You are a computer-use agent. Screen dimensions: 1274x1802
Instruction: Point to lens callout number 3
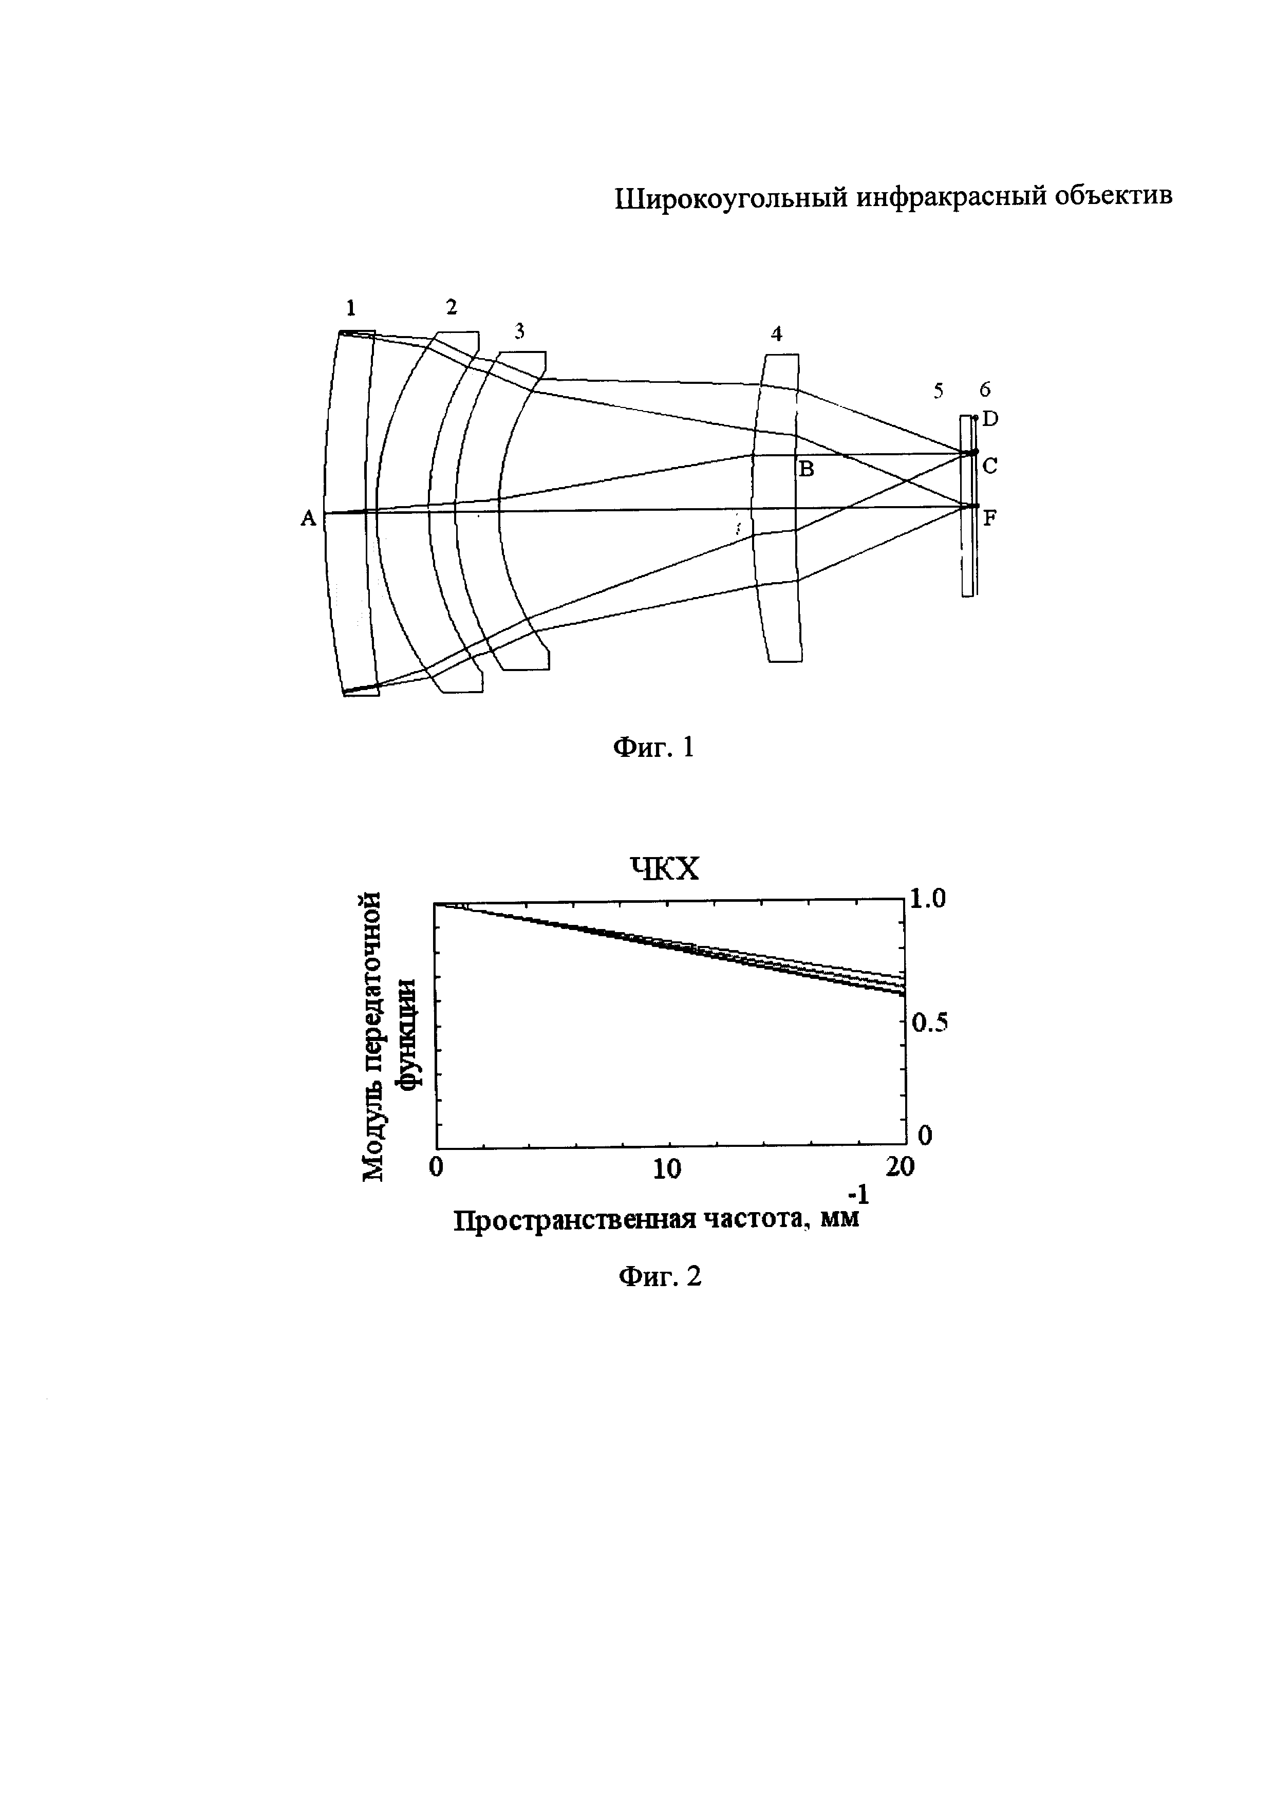pos(519,332)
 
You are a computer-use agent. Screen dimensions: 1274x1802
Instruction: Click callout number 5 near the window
pos(938,391)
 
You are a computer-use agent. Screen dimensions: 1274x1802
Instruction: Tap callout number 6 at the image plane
pos(985,389)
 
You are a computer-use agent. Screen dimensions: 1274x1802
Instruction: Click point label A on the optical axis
pos(308,518)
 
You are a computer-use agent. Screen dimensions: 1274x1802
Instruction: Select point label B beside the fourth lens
pos(807,470)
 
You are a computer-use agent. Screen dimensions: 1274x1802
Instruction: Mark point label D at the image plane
pos(990,419)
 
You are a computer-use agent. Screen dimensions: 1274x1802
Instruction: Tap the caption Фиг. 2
pos(660,1277)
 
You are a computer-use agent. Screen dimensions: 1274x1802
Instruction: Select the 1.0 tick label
pos(928,899)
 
